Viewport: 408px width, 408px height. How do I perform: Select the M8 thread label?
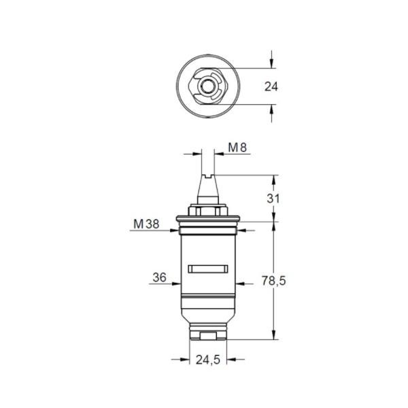tap(236, 147)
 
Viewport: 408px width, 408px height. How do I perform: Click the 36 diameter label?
tap(159, 277)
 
